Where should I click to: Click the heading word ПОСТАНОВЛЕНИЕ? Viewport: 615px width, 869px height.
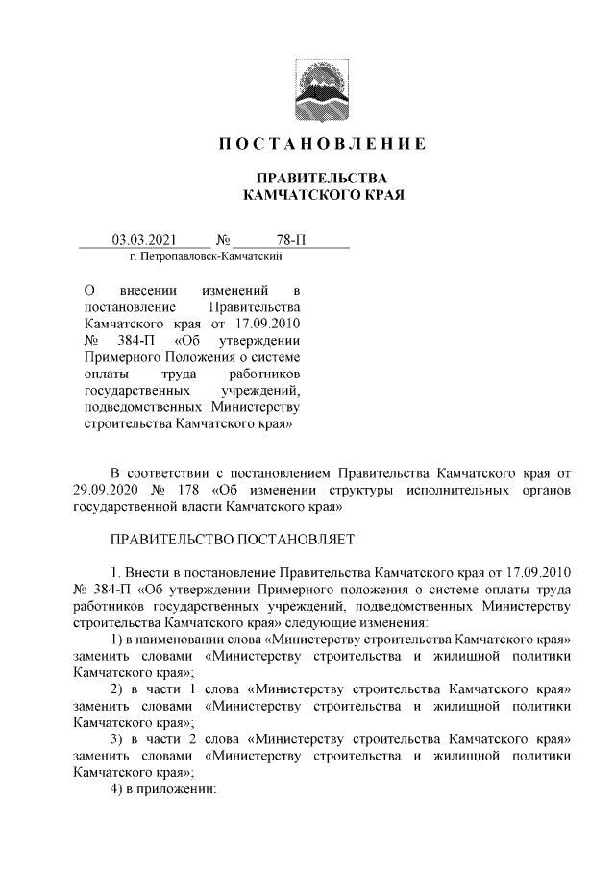(x=318, y=145)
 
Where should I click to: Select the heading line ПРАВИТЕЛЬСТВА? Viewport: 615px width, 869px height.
(x=318, y=179)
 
